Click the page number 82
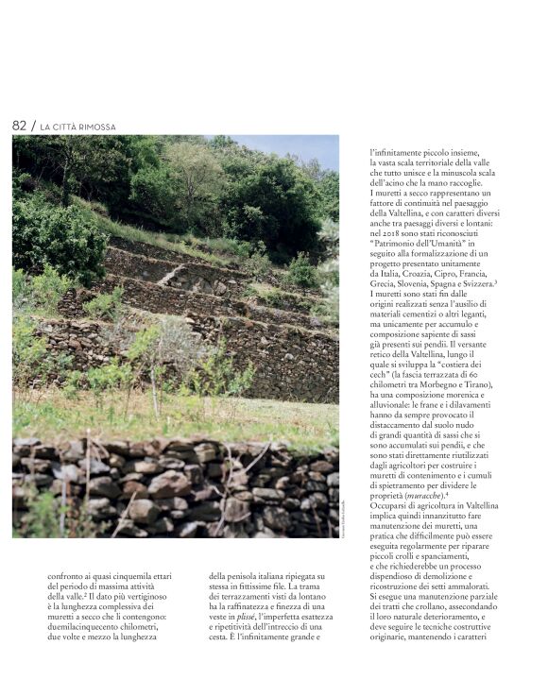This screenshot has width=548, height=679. pos(19,126)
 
